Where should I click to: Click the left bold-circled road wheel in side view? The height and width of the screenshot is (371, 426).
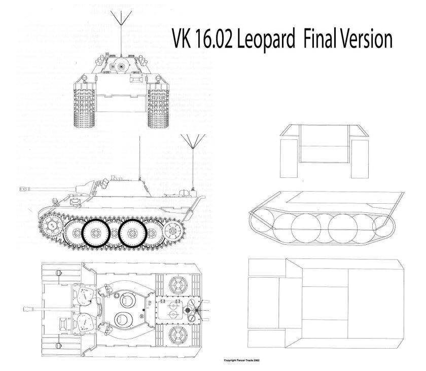click(x=94, y=233)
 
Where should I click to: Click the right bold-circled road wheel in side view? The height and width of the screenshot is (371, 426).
click(x=133, y=233)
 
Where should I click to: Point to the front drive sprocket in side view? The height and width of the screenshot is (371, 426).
click(x=50, y=225)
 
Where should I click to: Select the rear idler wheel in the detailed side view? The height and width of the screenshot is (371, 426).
click(x=173, y=231)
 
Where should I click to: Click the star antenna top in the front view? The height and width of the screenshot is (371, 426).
click(x=121, y=18)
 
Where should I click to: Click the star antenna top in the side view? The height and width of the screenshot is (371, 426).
click(x=192, y=139)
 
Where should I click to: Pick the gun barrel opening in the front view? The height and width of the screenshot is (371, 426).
click(x=121, y=66)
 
